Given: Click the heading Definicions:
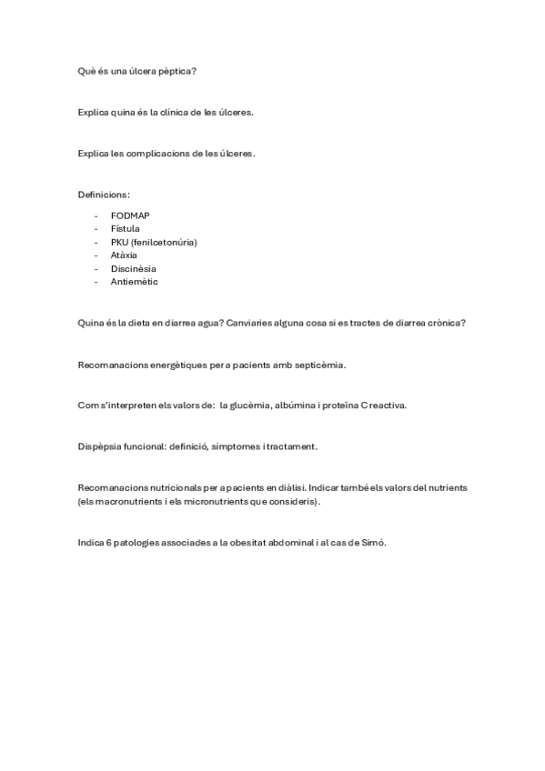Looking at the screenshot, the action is pyautogui.click(x=104, y=195).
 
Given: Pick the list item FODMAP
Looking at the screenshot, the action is pyautogui.click(x=130, y=215).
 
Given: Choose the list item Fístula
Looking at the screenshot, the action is pyautogui.click(x=126, y=229).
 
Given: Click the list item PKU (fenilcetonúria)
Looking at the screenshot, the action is pyautogui.click(x=154, y=242).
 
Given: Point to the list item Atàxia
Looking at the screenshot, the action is pyautogui.click(x=124, y=255).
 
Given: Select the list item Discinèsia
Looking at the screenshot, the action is pyautogui.click(x=133, y=268).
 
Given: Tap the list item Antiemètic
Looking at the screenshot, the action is pyautogui.click(x=135, y=282).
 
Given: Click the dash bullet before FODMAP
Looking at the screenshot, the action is pyautogui.click(x=97, y=215).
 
